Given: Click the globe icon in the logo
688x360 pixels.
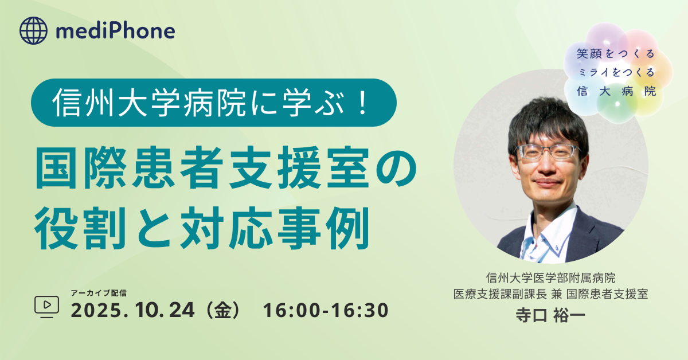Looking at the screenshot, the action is (x=33, y=31).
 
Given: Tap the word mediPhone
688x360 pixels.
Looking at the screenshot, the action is (x=115, y=31).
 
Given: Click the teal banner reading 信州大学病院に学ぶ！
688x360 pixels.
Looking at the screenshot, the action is (x=214, y=103).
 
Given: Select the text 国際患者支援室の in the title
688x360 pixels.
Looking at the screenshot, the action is (x=226, y=167).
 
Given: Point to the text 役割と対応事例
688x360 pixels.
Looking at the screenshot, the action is (x=202, y=228).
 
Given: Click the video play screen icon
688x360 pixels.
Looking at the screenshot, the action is (x=46, y=306).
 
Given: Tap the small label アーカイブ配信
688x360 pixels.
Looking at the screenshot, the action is (x=99, y=293).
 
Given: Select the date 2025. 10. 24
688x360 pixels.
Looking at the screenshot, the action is (x=132, y=310).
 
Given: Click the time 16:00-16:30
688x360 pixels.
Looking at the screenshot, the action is (x=326, y=310).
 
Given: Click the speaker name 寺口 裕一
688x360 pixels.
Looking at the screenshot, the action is (x=550, y=315).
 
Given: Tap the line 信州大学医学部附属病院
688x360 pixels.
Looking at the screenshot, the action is (x=551, y=277).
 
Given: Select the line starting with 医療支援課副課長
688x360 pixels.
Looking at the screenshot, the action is (x=551, y=294).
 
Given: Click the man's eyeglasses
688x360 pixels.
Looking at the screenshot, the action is (x=549, y=151).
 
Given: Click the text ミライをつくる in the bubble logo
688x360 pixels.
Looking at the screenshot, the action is (x=616, y=72).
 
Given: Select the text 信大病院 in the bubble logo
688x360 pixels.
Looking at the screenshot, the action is (x=616, y=91).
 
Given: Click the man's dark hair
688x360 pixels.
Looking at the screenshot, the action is (x=548, y=123).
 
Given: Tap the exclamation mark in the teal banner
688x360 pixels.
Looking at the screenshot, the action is (x=363, y=103).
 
